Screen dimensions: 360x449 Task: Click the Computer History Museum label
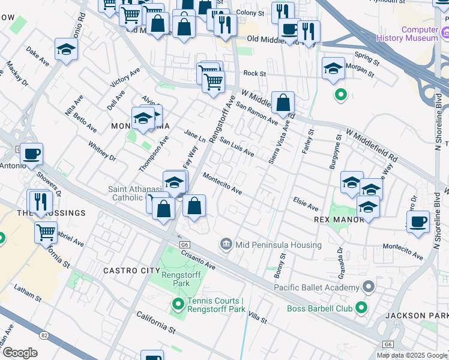(411, 34)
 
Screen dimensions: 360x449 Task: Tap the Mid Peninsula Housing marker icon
(226, 244)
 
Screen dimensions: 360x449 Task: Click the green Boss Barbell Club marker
(361, 308)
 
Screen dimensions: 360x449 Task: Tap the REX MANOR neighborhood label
(339, 220)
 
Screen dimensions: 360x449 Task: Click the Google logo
(20, 352)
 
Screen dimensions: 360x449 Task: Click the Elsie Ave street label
(305, 204)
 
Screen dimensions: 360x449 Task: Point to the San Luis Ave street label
(237, 146)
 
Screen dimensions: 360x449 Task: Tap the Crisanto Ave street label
(198, 259)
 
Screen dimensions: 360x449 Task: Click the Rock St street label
(255, 73)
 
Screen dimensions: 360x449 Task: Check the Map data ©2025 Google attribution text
(412, 355)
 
